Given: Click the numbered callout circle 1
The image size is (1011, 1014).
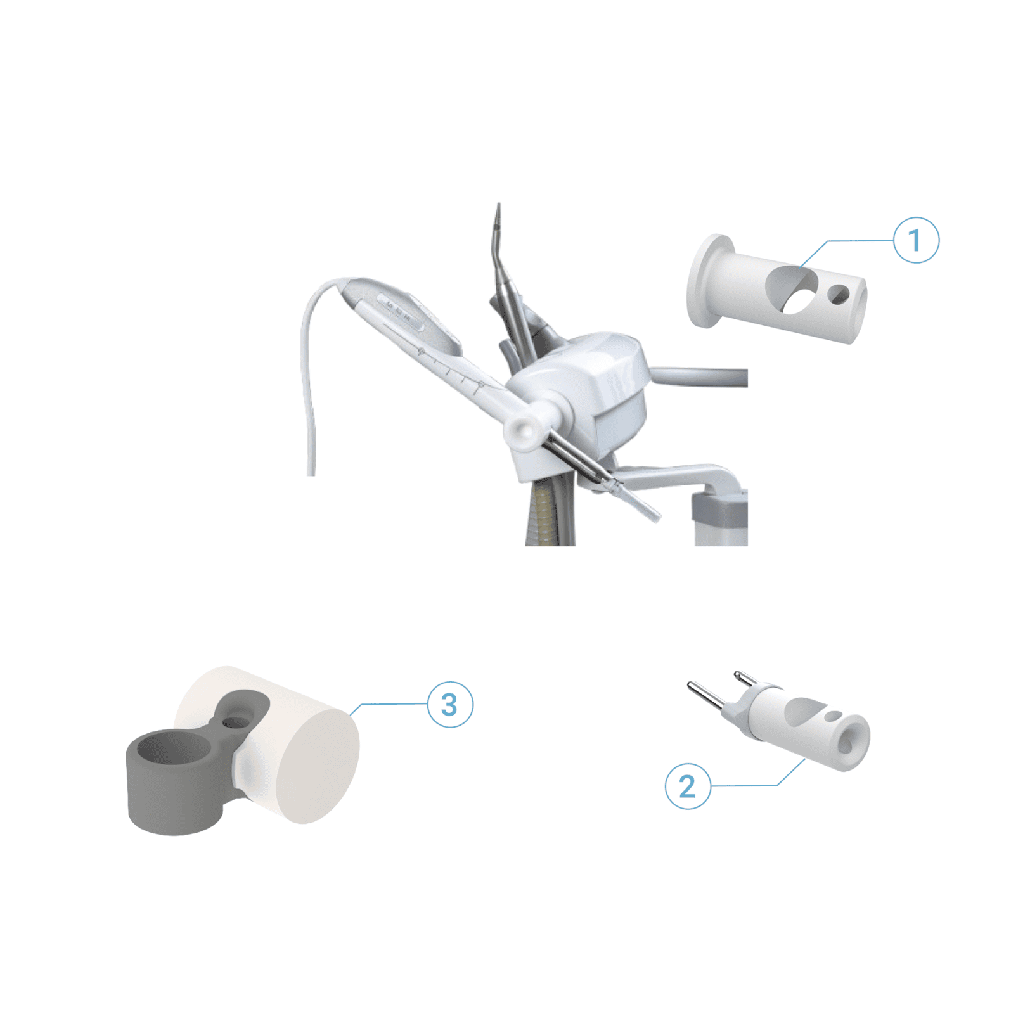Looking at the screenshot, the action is (x=915, y=240).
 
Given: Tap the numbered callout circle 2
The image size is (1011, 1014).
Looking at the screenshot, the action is (x=688, y=786).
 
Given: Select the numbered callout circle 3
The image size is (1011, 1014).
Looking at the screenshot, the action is (x=450, y=704).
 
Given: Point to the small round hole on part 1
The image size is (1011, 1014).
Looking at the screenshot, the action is (x=839, y=293).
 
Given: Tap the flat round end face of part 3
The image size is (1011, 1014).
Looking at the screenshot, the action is (x=318, y=767).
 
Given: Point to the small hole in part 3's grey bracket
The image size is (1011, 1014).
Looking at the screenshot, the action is (x=236, y=722).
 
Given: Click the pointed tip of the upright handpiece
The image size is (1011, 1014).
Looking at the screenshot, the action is (x=498, y=205).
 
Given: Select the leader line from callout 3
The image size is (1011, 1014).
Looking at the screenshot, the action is (x=388, y=705).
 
